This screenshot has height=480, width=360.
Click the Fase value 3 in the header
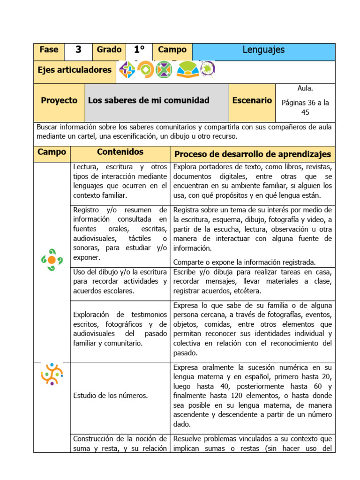(x=78, y=50)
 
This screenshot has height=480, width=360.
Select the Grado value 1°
(x=139, y=50)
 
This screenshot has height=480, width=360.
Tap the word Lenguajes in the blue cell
(x=263, y=50)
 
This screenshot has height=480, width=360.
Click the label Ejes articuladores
(x=75, y=70)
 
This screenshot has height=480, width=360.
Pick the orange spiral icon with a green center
(x=145, y=70)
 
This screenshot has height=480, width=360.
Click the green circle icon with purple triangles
(x=164, y=70)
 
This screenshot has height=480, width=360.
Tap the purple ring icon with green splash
(x=207, y=70)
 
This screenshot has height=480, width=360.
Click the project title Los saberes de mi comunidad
(x=149, y=100)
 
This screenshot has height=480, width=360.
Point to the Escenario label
(x=252, y=100)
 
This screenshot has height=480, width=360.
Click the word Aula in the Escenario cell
(x=305, y=89)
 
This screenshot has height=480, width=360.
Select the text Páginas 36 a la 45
(x=305, y=107)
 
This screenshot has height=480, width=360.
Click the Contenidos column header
(x=120, y=152)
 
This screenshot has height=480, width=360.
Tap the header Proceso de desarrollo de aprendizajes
(x=252, y=154)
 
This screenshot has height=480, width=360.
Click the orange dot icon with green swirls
(x=52, y=260)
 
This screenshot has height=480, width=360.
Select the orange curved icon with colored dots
(x=52, y=374)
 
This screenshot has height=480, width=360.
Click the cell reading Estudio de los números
(x=111, y=396)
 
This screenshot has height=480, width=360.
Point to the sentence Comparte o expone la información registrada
(x=244, y=262)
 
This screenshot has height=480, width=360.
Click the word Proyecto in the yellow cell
(x=59, y=100)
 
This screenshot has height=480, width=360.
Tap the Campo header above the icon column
(x=52, y=152)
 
